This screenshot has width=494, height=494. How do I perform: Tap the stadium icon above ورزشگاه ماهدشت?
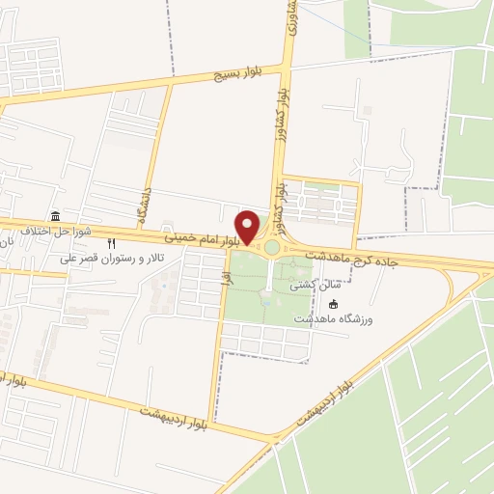(361, 303)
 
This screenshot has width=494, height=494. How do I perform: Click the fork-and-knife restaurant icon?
(112, 243)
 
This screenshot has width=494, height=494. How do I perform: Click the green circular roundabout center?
(272, 248)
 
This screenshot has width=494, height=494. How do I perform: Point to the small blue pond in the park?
(265, 301)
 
